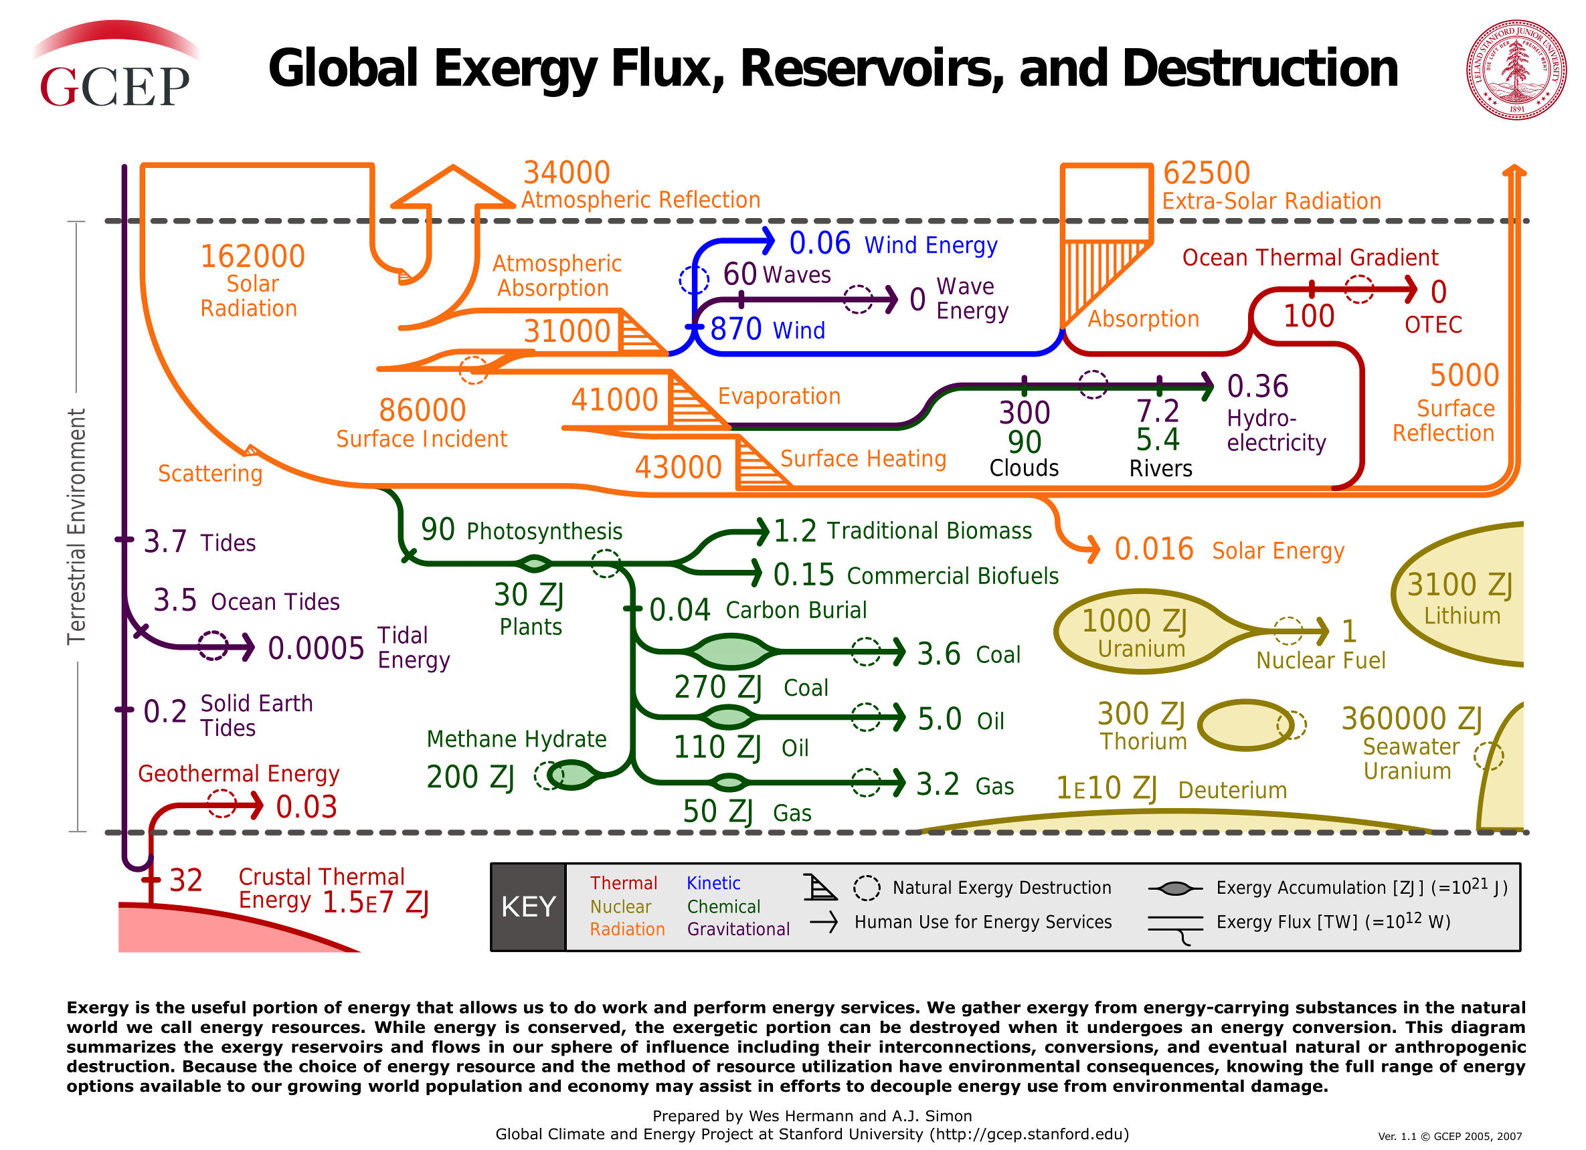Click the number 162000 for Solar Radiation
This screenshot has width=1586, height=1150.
[x=252, y=257]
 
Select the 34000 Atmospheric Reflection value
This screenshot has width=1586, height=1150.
[x=566, y=173]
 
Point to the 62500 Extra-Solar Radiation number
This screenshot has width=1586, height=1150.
[x=1207, y=173]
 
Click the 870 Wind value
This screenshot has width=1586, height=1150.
[x=735, y=329]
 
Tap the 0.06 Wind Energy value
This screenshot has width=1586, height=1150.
[x=820, y=244]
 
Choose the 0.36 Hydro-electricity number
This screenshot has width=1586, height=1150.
[x=1257, y=387]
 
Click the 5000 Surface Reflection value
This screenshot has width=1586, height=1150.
[x=1464, y=375]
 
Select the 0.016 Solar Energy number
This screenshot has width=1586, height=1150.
[x=1154, y=549]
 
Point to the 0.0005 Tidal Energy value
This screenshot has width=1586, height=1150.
[x=316, y=649]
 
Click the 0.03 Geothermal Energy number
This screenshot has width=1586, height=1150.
[x=306, y=807]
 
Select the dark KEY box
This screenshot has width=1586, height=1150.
[x=528, y=906]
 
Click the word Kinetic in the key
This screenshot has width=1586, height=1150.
[x=713, y=884]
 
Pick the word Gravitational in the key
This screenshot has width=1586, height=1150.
[x=738, y=929]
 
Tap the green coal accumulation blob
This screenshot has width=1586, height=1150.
[x=731, y=652]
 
